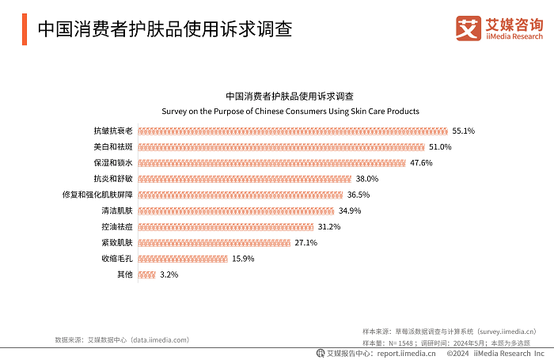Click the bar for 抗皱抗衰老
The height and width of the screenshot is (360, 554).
[293, 131]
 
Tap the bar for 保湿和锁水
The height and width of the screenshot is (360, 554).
[271, 162]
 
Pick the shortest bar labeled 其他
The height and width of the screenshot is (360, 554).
[146, 275]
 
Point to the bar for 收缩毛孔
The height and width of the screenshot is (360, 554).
[183, 259]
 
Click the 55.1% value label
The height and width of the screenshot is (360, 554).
[463, 131]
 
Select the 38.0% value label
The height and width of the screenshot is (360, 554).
[367, 179]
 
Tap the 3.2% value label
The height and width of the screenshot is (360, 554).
[169, 275]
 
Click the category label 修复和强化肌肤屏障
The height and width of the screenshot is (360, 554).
[97, 195]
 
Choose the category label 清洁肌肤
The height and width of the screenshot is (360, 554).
[117, 210]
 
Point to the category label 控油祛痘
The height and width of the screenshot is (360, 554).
[117, 227]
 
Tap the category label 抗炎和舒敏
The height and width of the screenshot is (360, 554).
[113, 179]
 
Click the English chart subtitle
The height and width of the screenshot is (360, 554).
[290, 112]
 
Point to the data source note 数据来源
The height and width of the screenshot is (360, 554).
[122, 339]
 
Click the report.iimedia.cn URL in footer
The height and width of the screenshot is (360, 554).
[406, 353]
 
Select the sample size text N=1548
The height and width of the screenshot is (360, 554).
[383, 343]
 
